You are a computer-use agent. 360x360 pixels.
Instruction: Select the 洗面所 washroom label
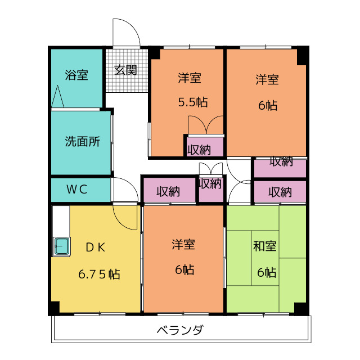(x=82, y=142)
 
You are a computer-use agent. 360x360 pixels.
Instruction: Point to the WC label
(x=76, y=189)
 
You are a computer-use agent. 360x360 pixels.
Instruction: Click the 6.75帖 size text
(x=99, y=274)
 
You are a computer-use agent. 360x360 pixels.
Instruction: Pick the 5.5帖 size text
(x=192, y=103)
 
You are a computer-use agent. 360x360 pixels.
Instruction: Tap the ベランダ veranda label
(x=180, y=330)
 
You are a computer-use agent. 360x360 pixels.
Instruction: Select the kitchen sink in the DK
(x=61, y=246)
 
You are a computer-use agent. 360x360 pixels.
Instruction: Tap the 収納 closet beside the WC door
(x=168, y=191)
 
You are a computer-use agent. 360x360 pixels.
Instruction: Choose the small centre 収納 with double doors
(x=210, y=184)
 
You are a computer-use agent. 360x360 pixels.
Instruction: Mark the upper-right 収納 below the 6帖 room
(x=280, y=161)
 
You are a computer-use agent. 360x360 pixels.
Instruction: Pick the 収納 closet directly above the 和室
(x=280, y=192)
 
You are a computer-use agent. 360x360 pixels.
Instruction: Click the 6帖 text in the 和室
(x=267, y=273)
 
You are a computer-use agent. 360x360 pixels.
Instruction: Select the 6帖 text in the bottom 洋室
(x=184, y=270)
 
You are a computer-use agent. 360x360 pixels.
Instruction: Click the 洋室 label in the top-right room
(x=267, y=79)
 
